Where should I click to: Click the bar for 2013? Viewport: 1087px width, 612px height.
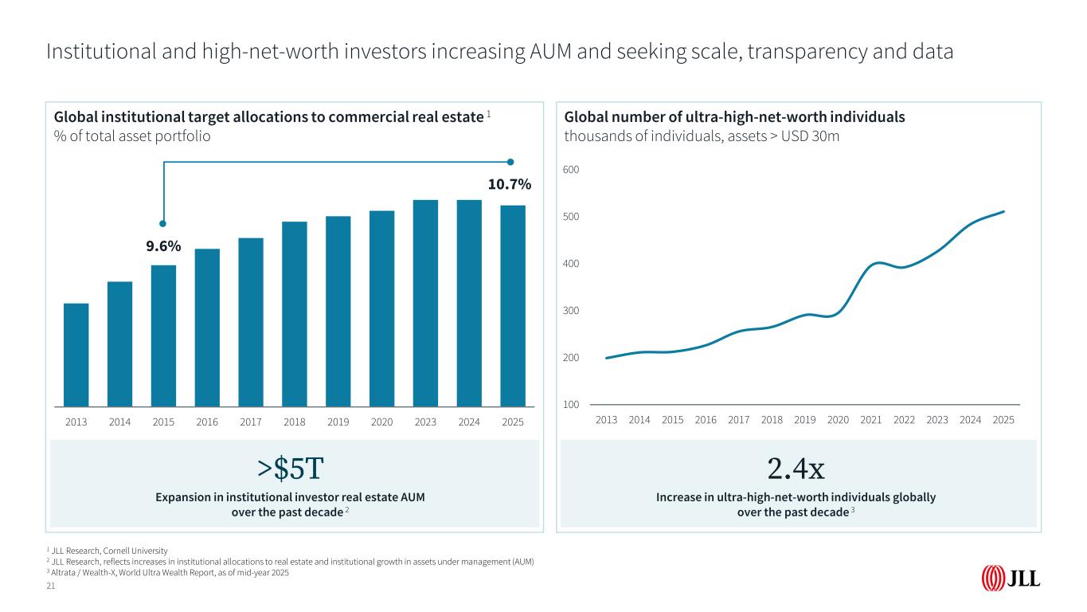tap(76, 355)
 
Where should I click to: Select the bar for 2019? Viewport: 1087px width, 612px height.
tap(338, 311)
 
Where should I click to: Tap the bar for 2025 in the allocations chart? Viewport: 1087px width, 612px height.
tap(513, 306)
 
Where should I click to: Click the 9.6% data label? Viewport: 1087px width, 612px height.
tap(163, 247)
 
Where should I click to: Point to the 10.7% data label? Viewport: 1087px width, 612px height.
tap(509, 185)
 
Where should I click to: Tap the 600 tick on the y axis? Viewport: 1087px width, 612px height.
tap(572, 171)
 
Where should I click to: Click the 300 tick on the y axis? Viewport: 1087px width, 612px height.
tap(572, 311)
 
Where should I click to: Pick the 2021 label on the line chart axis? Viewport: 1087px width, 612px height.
tap(871, 419)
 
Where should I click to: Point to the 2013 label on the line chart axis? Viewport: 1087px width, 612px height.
tap(606, 419)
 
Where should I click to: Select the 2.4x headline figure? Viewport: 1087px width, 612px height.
tap(796, 470)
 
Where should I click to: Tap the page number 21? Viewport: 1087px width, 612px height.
tap(51, 586)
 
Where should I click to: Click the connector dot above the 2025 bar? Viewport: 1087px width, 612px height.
tap(510, 162)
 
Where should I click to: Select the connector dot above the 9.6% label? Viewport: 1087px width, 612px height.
tap(163, 223)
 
